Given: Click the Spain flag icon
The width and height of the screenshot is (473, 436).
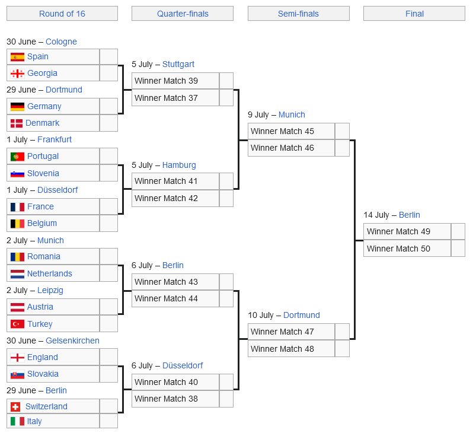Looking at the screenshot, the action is point(17,57).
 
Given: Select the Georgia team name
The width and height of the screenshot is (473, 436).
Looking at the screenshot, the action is point(42,73).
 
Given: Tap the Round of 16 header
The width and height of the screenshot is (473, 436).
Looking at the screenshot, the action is point(62,14).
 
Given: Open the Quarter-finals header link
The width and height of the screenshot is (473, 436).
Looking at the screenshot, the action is point(183,14).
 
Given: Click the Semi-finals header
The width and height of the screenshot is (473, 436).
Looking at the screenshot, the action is point(298,14).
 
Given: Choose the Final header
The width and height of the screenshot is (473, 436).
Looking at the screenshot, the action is point(414,14).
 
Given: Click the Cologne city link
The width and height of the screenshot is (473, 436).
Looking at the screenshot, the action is point(61,42).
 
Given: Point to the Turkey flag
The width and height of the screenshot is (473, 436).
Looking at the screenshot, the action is point(17,324).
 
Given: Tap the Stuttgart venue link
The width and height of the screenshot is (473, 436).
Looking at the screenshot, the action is point(178,64).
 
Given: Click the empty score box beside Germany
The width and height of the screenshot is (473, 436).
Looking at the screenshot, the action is point(108,106).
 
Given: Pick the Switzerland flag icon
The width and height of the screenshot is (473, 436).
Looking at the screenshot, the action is point(15,407).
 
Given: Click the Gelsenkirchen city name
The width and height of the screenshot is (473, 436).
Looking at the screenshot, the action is point(72,340).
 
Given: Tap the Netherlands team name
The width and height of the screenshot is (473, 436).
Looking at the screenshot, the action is point(50,273).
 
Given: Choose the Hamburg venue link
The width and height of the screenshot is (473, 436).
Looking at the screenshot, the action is point(179,165).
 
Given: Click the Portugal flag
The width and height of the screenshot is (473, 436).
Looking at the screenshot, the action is point(17,157).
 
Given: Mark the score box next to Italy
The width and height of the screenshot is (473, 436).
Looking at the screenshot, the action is point(108,421).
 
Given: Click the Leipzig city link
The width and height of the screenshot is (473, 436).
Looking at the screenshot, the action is point(50,291).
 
